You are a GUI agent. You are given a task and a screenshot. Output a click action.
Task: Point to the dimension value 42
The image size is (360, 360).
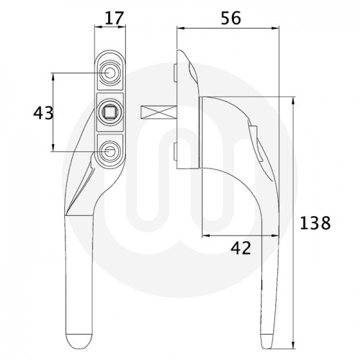(241, 248)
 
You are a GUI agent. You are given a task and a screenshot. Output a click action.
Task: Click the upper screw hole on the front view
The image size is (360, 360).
(110, 73)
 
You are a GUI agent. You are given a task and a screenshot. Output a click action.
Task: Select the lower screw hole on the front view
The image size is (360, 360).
(110, 150)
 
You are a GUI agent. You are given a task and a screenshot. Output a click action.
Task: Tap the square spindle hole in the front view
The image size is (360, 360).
(110, 112)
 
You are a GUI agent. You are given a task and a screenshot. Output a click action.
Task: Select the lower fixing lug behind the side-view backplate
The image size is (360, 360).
(176, 150)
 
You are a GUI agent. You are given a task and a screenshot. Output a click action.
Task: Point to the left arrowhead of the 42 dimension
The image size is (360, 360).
(205, 236)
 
